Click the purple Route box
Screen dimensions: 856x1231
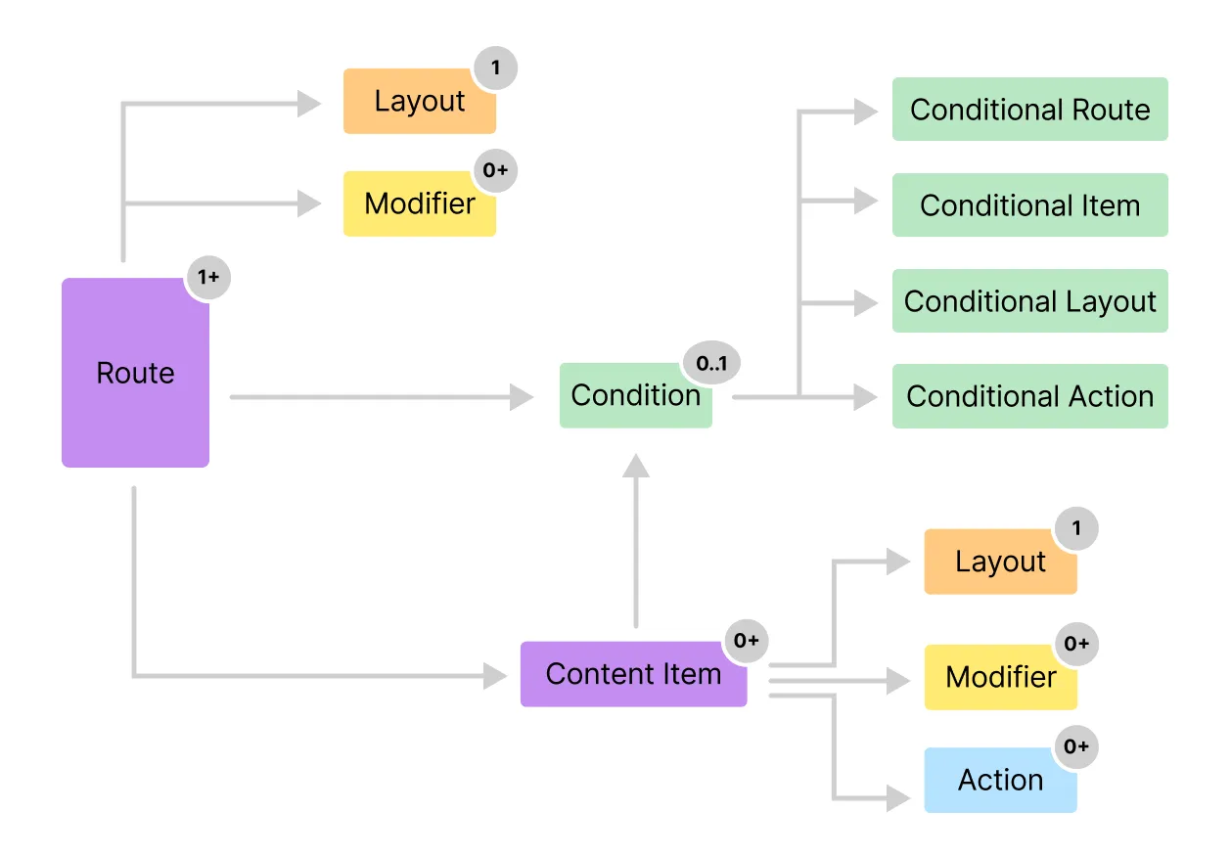tap(135, 373)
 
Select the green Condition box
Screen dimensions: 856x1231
tap(635, 395)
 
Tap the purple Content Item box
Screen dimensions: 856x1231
tap(633, 674)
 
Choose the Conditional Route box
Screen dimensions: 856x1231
tap(1029, 110)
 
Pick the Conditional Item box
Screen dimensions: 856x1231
tap(1029, 205)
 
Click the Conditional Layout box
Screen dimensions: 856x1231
tap(1029, 301)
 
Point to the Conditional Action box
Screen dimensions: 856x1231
tap(1029, 396)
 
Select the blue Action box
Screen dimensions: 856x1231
tap(1000, 780)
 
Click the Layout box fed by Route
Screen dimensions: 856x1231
tap(419, 101)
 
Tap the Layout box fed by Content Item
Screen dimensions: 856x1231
tap(1000, 562)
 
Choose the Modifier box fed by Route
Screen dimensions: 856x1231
tap(419, 203)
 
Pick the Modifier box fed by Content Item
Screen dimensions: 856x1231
tap(1000, 677)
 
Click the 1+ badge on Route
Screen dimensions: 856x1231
tap(208, 277)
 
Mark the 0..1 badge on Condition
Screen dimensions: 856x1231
tap(711, 364)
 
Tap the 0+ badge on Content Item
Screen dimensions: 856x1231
tap(747, 641)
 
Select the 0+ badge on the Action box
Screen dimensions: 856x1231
tap(1075, 747)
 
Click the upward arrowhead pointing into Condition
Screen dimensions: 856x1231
tap(636, 465)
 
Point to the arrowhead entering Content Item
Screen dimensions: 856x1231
tap(496, 675)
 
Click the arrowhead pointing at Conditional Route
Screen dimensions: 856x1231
tap(866, 112)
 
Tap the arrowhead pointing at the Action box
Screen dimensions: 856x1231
tap(899, 797)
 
